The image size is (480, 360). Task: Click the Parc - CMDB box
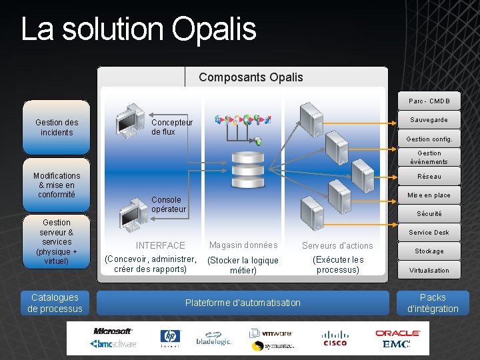click(429, 101)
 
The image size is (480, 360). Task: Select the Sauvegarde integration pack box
click(429, 120)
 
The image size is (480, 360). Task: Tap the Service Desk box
click(429, 233)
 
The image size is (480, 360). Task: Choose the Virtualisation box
click(429, 271)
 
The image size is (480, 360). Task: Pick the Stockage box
click(429, 251)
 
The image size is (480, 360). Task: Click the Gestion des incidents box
click(57, 127)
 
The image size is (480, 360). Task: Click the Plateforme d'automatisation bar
click(243, 303)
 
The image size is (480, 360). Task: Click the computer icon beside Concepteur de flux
click(131, 121)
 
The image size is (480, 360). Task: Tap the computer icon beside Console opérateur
click(131, 215)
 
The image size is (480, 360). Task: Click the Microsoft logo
click(113, 331)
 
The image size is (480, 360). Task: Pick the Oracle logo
click(397, 332)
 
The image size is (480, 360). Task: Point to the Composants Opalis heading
click(251, 77)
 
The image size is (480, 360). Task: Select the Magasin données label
click(243, 245)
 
